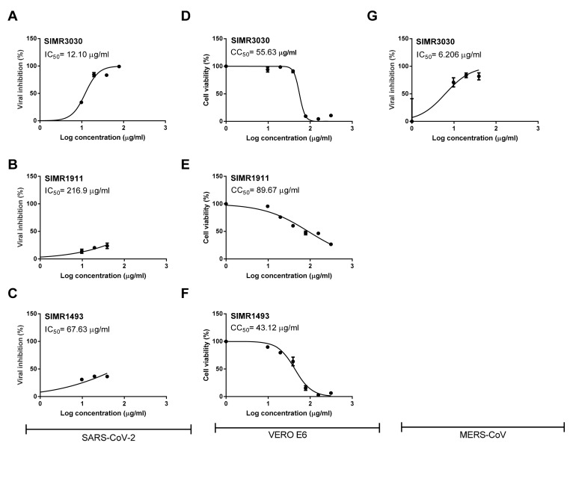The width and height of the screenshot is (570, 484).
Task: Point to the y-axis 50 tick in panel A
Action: pyautogui.click(x=31, y=93)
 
